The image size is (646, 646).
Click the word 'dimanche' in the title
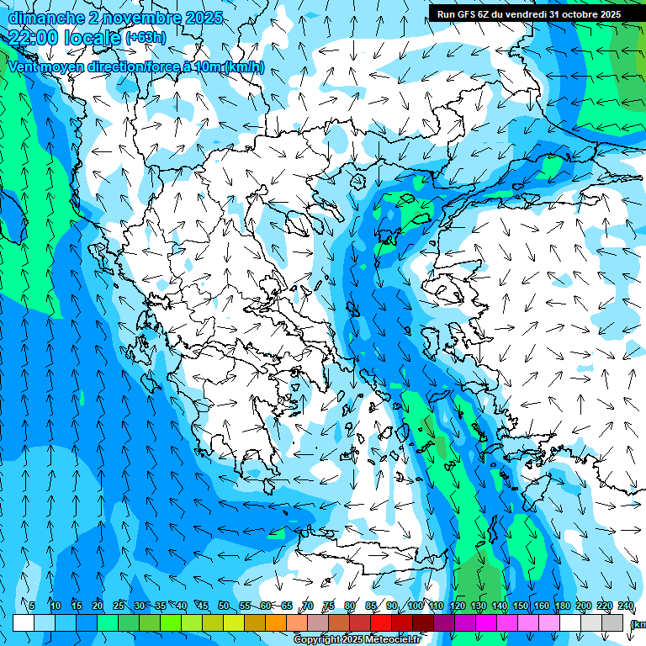click(43, 18)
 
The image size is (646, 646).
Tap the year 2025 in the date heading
click(203, 18)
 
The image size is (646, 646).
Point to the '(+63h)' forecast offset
click(146, 38)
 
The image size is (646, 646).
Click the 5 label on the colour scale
click(32, 606)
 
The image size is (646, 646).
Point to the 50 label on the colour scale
click(223, 606)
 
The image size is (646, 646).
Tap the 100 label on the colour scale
click(415, 606)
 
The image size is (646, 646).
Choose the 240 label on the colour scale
click(625, 606)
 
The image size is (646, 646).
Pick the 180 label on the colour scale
click(562, 606)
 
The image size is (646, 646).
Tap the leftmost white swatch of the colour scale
click(24, 622)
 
